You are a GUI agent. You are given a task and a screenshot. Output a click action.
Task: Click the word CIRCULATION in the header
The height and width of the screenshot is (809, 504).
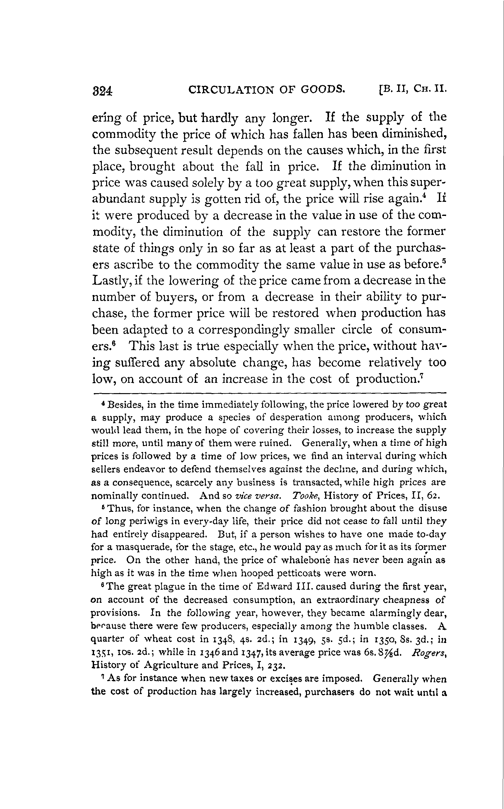pyautogui.click(x=230, y=89)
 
